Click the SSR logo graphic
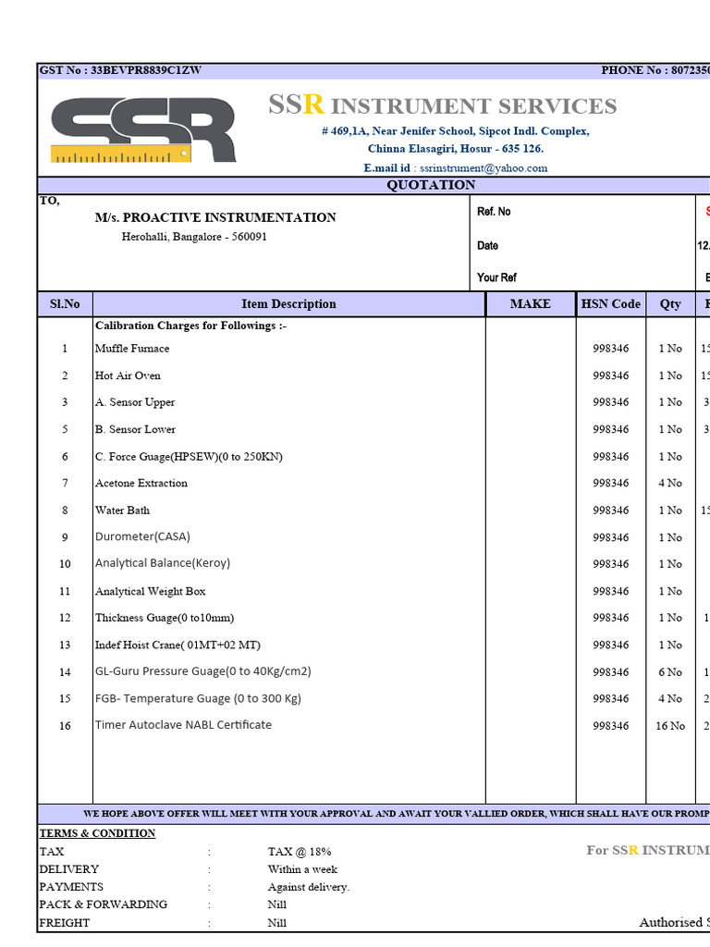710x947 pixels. [143, 130]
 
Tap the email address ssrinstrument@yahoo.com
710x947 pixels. [484, 168]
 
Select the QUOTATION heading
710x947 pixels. [431, 185]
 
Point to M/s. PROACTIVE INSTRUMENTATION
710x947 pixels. [215, 217]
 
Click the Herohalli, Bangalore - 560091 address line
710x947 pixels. [194, 237]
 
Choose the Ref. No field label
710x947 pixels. [494, 212]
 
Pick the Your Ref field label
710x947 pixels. [496, 277]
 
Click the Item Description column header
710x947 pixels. [288, 304]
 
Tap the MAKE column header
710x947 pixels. [530, 304]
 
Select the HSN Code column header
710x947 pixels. [610, 304]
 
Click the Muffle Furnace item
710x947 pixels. [132, 349]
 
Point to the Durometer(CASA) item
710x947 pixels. [142, 536]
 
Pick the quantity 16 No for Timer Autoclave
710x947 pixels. [669, 726]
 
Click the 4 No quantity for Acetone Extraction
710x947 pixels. [669, 484]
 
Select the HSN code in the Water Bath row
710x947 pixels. [610, 510]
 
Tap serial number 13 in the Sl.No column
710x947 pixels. [65, 646]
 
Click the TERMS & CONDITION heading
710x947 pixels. [97, 833]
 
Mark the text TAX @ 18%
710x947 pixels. [300, 852]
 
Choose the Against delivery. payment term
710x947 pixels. [309, 887]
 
